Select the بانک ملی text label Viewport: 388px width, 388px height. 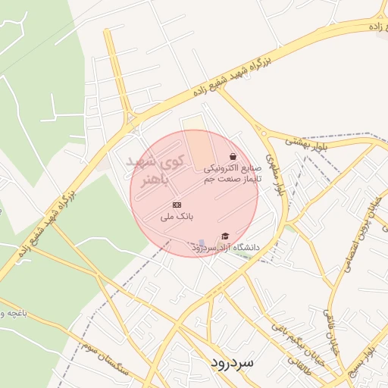point(176,216)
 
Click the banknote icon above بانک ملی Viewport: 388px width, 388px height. point(177,205)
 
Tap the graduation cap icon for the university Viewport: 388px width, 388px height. point(224,237)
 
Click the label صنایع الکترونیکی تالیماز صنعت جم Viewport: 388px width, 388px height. point(232,174)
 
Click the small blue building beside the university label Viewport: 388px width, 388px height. point(202,244)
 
